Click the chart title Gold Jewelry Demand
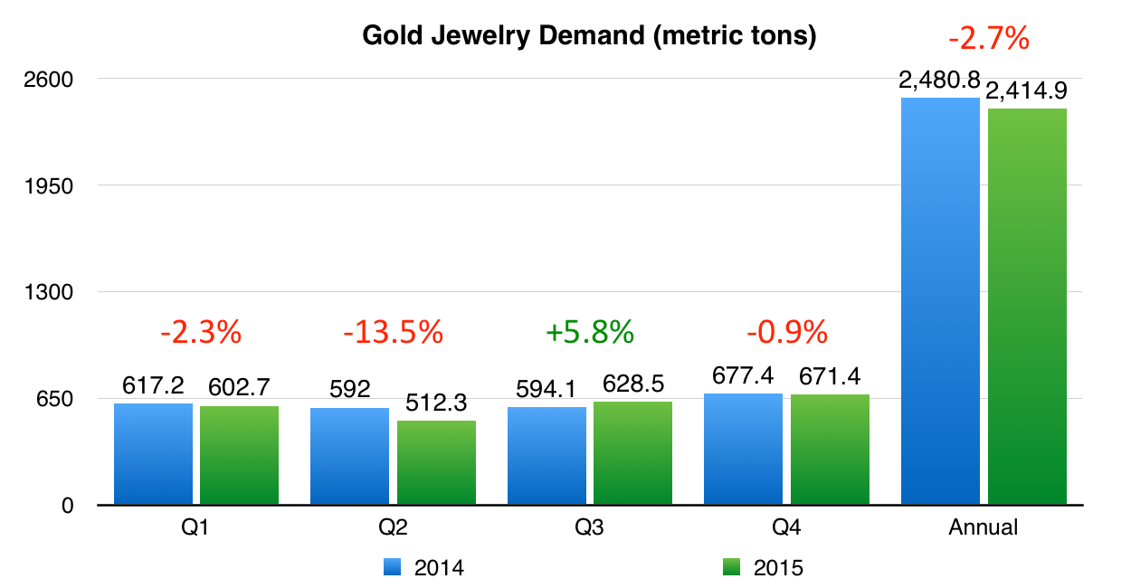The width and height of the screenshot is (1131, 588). point(589,36)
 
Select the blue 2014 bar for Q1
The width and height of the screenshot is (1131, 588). point(153,454)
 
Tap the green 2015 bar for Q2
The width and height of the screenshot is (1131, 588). point(436,462)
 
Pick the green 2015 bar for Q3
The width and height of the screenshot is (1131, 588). point(632,453)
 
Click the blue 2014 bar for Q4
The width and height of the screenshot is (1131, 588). point(743,449)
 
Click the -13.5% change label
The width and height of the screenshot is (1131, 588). point(393,333)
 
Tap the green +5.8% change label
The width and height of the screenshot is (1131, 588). point(589,333)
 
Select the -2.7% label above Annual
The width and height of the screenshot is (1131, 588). point(988,39)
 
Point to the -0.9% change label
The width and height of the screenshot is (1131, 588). point(786,333)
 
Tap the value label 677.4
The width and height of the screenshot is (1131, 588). point(743,375)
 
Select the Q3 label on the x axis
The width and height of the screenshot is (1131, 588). point(589,527)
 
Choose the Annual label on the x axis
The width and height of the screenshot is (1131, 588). point(983,527)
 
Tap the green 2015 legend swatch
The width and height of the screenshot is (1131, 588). point(733,567)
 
